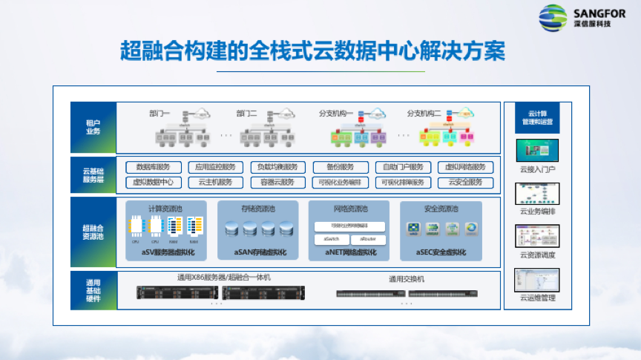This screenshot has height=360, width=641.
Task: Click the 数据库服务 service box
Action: (154, 167)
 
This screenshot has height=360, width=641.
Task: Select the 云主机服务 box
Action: (216, 182)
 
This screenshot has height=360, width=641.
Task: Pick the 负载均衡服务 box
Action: (277, 167)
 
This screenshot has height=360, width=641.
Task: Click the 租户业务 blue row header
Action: (93, 126)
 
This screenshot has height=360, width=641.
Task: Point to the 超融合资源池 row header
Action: (93, 232)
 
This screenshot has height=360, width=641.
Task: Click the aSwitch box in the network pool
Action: (332, 240)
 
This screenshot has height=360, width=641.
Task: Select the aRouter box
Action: (368, 240)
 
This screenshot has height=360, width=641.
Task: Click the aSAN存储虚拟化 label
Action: (258, 252)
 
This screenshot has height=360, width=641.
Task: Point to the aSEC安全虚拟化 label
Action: (441, 252)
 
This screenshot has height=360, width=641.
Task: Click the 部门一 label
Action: (160, 113)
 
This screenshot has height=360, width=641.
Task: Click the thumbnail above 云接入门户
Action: (537, 151)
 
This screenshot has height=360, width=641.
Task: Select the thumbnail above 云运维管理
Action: (537, 280)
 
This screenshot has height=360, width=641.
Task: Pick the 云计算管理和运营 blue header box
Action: (537, 117)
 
